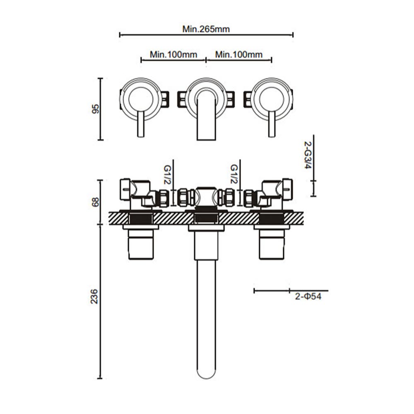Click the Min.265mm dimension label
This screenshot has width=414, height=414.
pos(206,29)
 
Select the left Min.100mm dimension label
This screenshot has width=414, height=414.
pos(173,55)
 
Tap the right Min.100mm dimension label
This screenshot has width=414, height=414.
pos(239,55)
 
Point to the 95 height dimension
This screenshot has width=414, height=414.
pos(96,109)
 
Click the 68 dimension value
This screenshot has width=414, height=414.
pos(96,202)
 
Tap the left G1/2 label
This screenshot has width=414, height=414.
pos(167,174)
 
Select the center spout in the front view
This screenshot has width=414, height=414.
pos(206,114)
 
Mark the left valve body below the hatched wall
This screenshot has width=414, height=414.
pos(141,244)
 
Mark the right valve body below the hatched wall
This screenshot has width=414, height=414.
pos(272,244)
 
